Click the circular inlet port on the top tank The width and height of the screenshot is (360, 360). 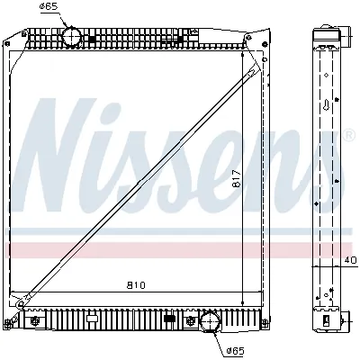click(x=72, y=37)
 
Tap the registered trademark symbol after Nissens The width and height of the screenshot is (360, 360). click(x=347, y=136)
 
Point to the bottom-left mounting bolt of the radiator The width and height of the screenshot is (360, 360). click(x=36, y=318)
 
